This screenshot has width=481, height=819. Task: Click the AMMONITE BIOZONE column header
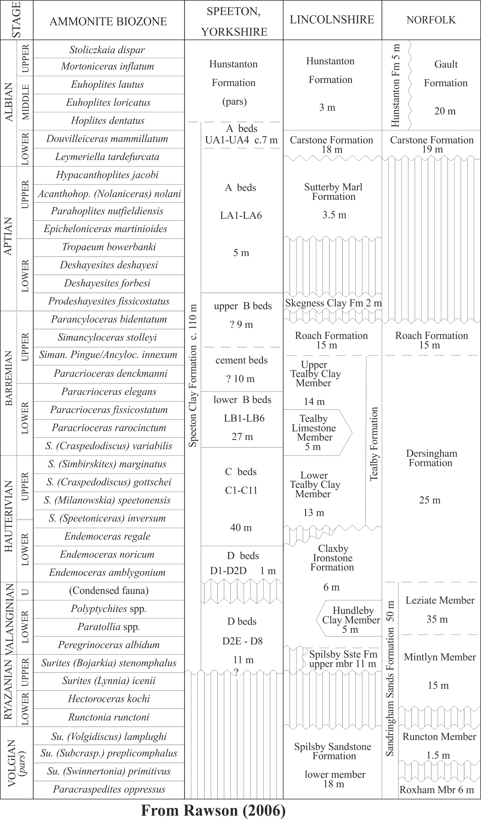pyautogui.click(x=108, y=21)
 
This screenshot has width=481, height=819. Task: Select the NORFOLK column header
pyautogui.click(x=431, y=20)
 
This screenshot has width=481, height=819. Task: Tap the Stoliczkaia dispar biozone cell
pyautogui.click(x=107, y=50)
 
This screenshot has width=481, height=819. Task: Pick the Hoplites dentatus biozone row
pyautogui.click(x=108, y=120)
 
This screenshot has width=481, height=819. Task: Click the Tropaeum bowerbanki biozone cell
pyautogui.click(x=109, y=247)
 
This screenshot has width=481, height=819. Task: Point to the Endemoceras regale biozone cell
pyautogui.click(x=107, y=536)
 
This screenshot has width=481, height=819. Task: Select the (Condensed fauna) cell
pyautogui.click(x=109, y=591)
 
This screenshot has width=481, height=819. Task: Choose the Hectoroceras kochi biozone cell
pyautogui.click(x=109, y=699)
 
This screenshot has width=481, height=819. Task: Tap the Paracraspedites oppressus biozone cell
pyautogui.click(x=109, y=790)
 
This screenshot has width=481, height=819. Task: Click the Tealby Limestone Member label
pyautogui.click(x=314, y=432)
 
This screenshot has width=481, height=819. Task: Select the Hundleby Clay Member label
pyautogui.click(x=351, y=620)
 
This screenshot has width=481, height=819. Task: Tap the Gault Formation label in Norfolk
pyautogui.click(x=446, y=74)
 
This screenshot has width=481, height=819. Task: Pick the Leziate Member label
pyautogui.click(x=440, y=600)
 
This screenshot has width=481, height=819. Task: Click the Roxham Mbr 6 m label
pyautogui.click(x=436, y=790)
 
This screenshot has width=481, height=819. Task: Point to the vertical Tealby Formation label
pyautogui.click(x=374, y=444)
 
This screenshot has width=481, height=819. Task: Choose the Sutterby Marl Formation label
pyautogui.click(x=333, y=192)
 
